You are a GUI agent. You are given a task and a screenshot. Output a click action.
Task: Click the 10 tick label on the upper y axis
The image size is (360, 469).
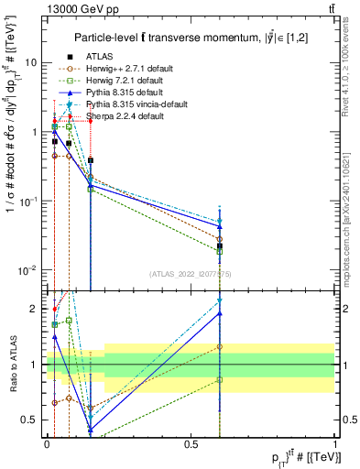30,63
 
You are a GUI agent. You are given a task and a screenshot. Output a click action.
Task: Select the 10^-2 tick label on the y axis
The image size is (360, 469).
27,269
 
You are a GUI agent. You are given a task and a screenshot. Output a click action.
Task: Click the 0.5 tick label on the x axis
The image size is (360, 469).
191,443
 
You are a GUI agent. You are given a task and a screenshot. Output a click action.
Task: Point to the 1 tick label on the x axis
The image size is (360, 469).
335,443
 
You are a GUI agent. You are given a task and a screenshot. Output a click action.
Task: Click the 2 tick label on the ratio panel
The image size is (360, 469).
34,309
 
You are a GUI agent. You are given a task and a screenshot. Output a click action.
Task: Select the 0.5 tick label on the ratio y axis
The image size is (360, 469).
30,420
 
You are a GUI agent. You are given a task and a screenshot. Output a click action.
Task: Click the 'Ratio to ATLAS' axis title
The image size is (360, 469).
13,364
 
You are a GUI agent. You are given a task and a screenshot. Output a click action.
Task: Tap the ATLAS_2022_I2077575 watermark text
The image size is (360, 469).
191,274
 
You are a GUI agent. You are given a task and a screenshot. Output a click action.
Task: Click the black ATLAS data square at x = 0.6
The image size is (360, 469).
220,246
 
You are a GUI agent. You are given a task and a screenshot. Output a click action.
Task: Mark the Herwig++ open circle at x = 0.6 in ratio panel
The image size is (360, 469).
220,347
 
